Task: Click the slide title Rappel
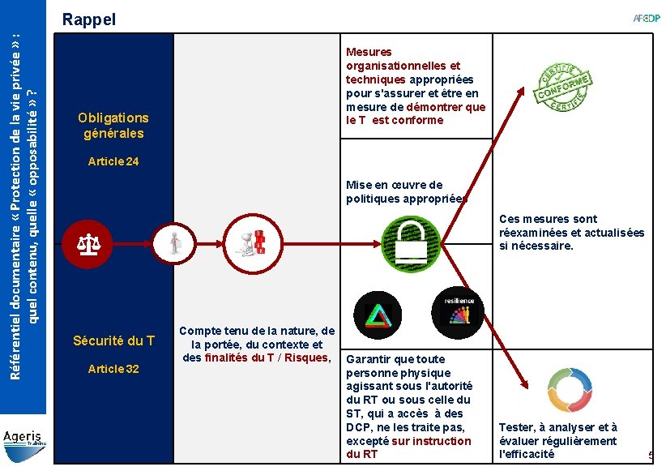[89, 19]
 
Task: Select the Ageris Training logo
[24, 439]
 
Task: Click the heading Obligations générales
[113, 126]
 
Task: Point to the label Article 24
[113, 161]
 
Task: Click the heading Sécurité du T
[113, 340]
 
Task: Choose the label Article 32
[113, 369]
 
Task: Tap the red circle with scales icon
[88, 241]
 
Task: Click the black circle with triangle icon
[378, 314]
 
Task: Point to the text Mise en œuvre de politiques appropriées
[407, 192]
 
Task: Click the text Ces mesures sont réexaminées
[571, 232]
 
